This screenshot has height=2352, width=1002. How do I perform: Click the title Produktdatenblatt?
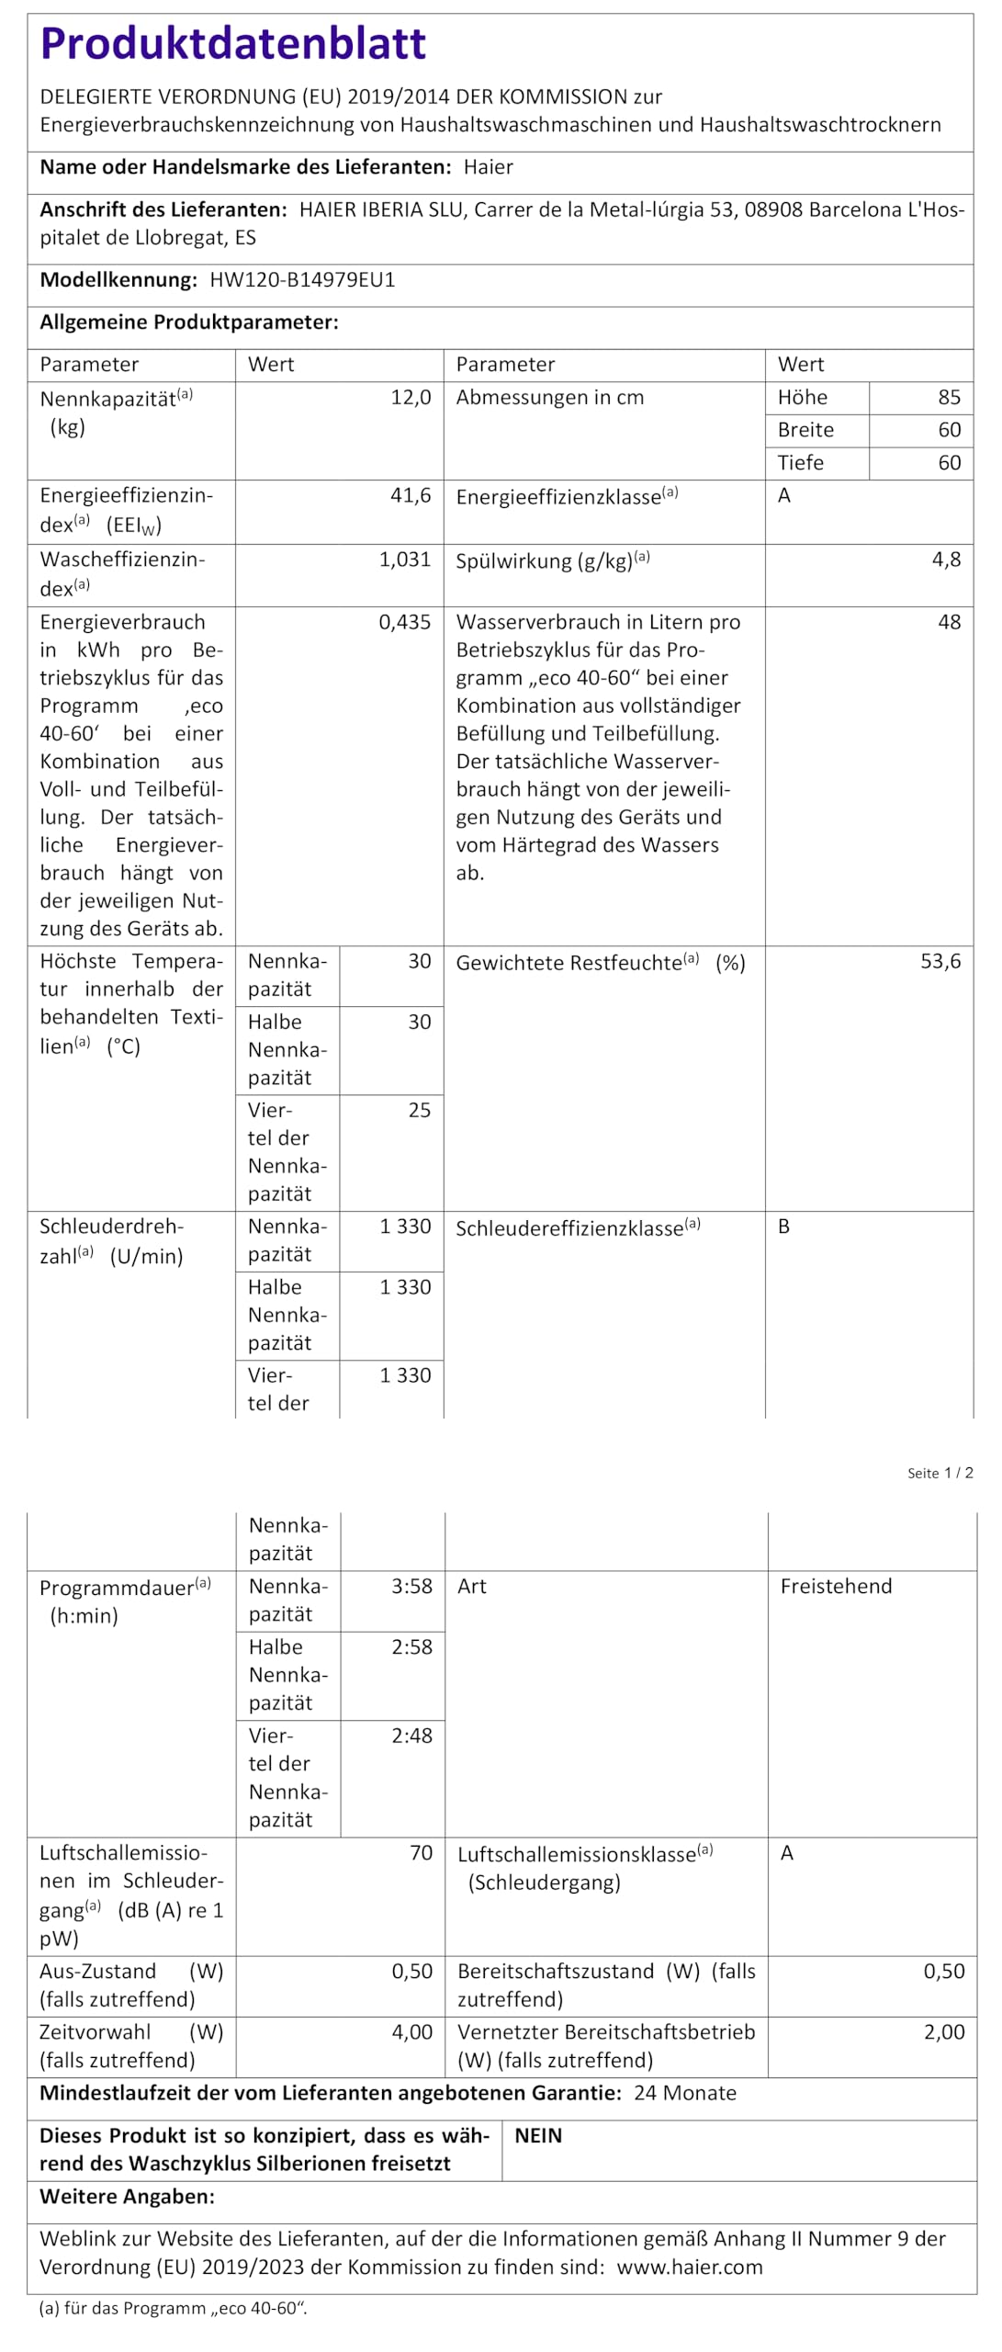233,43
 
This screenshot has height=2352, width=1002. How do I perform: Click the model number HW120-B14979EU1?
302,280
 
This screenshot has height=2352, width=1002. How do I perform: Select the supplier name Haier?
488,167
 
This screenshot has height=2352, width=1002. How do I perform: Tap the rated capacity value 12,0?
411,398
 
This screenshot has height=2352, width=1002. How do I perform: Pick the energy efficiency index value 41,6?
411,496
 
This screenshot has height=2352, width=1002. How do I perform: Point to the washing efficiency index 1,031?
405,560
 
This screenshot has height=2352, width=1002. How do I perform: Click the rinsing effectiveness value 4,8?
946,560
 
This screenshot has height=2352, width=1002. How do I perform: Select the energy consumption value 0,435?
405,622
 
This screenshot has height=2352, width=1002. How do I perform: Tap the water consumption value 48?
949,622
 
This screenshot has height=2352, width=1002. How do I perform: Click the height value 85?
949,398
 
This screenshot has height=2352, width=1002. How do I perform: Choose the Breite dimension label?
805,430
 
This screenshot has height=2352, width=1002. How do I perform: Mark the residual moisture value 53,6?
940,962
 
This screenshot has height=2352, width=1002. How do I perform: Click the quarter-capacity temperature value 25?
419,1110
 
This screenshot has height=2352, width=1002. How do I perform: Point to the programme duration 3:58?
411,1587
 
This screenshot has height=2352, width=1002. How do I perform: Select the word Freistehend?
836,1587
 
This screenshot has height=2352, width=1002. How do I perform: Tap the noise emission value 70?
421,1853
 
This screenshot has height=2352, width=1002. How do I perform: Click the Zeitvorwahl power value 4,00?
411,2032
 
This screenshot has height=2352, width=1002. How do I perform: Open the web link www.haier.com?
689,2267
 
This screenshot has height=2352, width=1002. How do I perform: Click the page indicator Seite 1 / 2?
940,1473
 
